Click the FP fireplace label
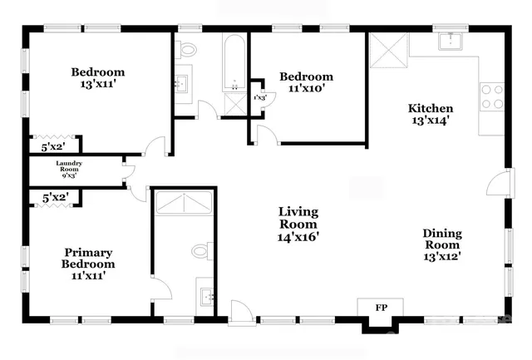[381, 308]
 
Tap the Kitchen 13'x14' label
[430, 115]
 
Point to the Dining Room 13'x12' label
[443, 244]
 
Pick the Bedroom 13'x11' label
[97, 78]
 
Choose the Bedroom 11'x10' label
[306, 83]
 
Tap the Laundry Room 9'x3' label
[69, 170]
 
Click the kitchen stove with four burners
[492, 97]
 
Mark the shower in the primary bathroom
[183, 205]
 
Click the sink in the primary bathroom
[207, 293]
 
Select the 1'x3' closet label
[260, 98]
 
